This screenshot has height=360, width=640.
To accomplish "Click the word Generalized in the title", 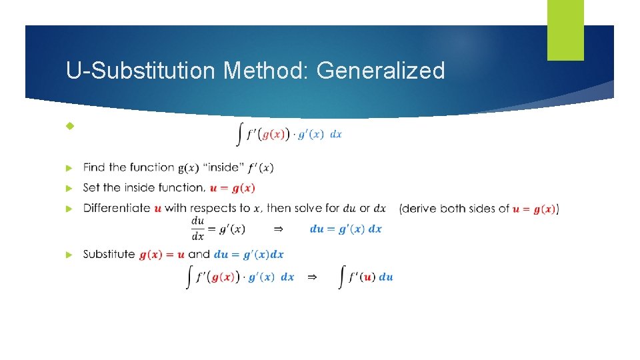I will click(381, 70).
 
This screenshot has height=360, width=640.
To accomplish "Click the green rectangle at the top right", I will click(565, 30).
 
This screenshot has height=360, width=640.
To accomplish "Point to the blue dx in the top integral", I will click(336, 134).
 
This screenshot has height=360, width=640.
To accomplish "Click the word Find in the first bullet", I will click(95, 167).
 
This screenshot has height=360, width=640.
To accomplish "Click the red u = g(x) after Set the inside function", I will click(233, 188).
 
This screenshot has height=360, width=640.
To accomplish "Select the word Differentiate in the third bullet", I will click(117, 208).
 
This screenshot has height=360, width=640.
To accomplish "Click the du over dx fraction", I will click(198, 229).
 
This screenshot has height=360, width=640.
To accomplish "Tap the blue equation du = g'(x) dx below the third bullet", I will click(346, 229).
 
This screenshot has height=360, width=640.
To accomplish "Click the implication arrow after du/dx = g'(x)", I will click(279, 229).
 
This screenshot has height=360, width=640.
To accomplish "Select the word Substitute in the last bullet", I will click(109, 254).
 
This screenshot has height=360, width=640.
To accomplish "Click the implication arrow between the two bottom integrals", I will click(311, 277).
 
